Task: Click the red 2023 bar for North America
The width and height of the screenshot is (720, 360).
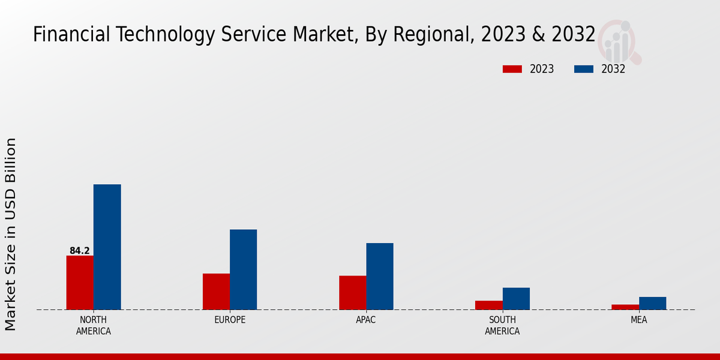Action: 80,283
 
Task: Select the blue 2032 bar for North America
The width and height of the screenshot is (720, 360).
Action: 107,247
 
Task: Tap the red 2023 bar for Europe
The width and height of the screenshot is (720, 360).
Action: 216,292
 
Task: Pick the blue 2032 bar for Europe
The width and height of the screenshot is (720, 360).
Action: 243,269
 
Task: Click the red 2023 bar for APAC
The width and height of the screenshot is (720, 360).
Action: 352,293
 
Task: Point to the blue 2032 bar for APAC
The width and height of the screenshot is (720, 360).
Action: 380,277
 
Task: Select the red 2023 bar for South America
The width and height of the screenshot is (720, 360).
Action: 488,305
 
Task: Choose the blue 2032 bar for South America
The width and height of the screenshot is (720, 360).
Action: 516,299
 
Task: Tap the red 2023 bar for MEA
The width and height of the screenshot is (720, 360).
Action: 625,307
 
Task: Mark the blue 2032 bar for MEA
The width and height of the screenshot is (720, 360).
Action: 652,304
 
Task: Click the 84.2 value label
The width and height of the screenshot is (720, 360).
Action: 80,251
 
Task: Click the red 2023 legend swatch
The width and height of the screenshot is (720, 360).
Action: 512,69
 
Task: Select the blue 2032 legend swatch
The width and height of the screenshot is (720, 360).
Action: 583,69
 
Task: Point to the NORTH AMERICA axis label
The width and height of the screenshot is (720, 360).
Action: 94,325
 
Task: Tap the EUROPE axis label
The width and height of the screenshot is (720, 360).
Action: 230,320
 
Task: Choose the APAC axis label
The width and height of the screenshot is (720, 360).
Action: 366,320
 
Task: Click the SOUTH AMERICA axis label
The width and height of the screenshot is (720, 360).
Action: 502,325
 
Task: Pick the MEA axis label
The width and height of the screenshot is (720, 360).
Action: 638,320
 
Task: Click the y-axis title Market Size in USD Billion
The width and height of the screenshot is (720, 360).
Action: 11,234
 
